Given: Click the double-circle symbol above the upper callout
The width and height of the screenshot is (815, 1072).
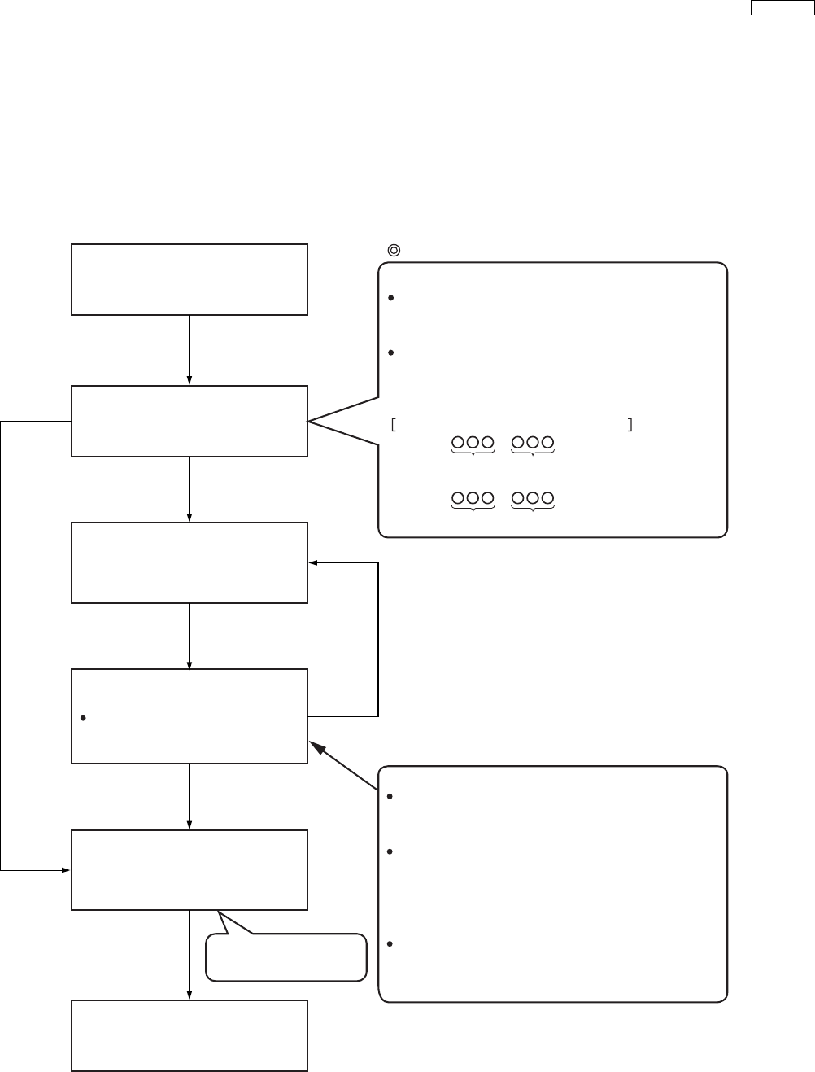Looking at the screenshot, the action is click(x=394, y=251).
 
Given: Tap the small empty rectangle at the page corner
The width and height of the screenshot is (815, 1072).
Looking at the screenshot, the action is click(x=779, y=8).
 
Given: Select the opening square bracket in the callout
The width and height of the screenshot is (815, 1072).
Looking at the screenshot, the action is click(x=393, y=424).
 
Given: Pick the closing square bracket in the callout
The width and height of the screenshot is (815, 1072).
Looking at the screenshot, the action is click(x=630, y=424).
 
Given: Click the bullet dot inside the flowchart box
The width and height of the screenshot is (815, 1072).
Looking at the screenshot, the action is click(x=84, y=718).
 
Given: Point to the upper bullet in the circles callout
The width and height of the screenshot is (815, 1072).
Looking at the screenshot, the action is click(x=391, y=299).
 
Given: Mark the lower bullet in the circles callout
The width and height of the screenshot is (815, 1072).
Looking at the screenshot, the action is click(x=391, y=353).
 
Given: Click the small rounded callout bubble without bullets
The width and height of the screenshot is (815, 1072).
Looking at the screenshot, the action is click(x=285, y=956).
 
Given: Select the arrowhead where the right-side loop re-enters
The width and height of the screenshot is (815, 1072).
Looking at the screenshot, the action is click(x=312, y=562).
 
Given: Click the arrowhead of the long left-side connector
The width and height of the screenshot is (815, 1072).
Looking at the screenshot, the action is click(x=67, y=870).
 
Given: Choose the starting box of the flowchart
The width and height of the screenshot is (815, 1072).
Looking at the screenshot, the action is click(x=190, y=278).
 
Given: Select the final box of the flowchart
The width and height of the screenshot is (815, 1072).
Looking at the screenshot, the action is click(x=190, y=1035).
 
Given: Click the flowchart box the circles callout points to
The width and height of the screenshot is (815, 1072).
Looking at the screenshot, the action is click(x=190, y=421).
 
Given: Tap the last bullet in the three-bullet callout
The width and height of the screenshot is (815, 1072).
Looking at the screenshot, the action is click(x=391, y=944).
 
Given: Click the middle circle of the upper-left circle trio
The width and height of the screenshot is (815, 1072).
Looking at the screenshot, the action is click(x=473, y=443).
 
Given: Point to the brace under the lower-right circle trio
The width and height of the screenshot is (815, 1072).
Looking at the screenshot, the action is click(x=533, y=510).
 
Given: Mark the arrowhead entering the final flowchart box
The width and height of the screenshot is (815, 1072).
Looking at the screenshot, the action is click(x=190, y=995).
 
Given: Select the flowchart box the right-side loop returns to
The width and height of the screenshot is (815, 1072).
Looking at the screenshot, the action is click(x=190, y=562).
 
